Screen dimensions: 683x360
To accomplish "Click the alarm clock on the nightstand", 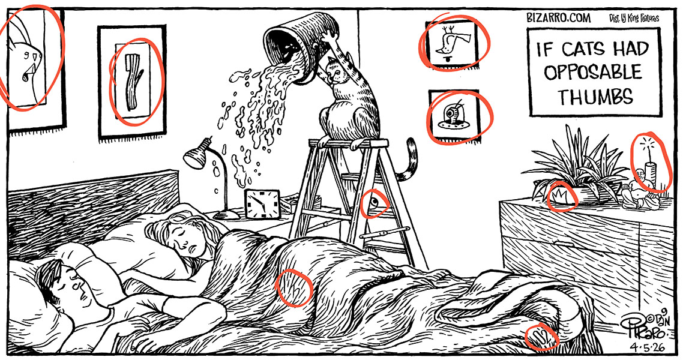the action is point(262,203).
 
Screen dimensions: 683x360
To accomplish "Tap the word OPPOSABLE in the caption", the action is point(593,72).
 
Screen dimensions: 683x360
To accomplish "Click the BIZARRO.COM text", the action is point(558,18).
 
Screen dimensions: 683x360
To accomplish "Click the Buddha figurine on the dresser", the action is point(638,190).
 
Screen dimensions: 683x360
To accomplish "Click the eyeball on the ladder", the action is point(374,202).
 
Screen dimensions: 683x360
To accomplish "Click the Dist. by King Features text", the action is point(634,18).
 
